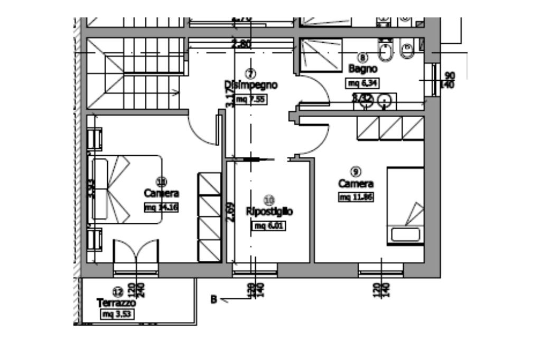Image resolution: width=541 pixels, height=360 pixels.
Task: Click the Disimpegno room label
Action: (251, 85)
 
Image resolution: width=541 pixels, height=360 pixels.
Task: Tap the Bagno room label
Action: (362, 69)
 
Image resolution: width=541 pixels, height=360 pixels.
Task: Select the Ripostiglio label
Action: (269, 212)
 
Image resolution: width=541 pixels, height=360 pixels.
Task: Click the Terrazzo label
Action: (116, 303)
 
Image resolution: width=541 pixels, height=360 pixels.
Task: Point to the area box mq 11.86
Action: (356, 197)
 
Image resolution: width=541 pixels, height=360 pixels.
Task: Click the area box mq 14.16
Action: (161, 207)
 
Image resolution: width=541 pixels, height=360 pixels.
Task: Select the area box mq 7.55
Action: (250, 99)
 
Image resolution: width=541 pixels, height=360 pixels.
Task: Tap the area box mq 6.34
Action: (362, 83)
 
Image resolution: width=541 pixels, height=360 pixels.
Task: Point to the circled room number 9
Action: (356, 171)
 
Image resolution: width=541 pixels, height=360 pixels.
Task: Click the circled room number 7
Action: (250, 73)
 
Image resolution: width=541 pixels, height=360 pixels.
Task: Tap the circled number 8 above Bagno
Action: (362, 57)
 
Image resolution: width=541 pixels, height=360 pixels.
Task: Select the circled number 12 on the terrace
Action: (117, 291)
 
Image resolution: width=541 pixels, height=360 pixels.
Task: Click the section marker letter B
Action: (214, 300)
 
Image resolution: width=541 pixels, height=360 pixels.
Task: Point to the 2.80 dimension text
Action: (241, 44)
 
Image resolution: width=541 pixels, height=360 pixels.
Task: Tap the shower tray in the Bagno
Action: (321, 54)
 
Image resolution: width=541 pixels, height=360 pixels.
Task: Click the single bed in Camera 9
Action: (405, 206)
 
